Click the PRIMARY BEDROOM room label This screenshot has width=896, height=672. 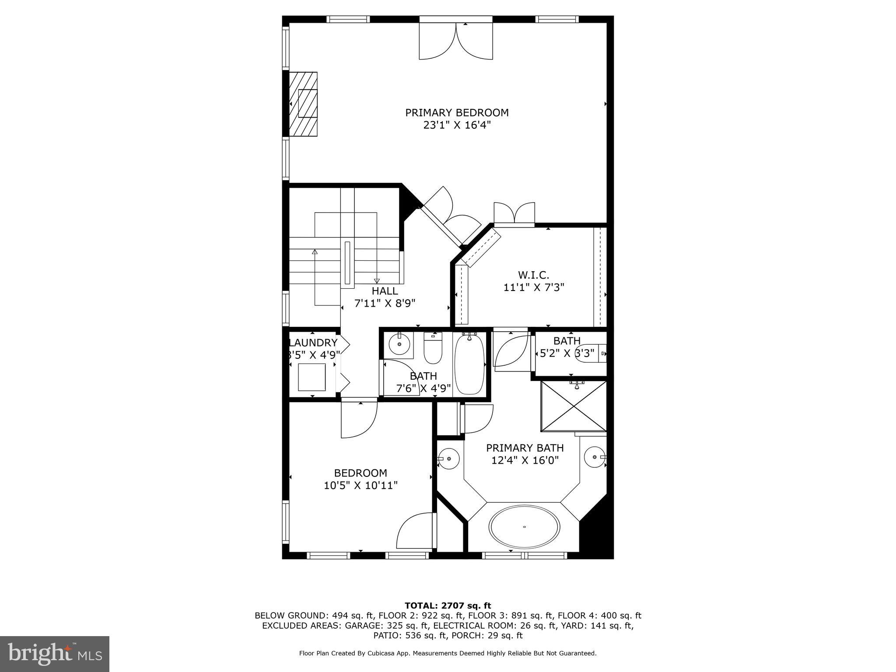click(457, 113)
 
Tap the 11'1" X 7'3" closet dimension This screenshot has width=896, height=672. click(534, 287)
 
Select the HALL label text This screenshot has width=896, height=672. click(385, 291)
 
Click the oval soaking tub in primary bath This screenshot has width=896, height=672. click(524, 527)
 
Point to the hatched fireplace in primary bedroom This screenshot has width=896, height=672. click(303, 105)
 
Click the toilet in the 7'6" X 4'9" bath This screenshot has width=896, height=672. click(433, 349)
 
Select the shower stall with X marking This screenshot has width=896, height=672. click(574, 406)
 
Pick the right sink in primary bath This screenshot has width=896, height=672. click(595, 457)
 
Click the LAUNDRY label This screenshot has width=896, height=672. click(313, 343)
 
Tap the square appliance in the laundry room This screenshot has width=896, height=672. click(311, 377)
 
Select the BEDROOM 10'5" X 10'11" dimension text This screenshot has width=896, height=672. click(360, 485)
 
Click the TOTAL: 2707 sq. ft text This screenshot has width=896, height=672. click(448, 605)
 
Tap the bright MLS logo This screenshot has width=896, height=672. click(55, 654)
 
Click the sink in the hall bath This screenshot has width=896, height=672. click(399, 345)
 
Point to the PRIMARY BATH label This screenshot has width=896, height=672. click(525, 448)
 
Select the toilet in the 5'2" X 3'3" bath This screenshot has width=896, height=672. click(591, 353)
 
